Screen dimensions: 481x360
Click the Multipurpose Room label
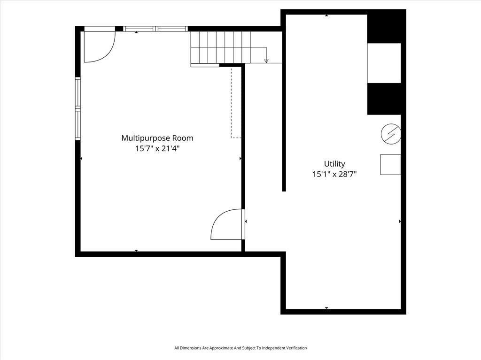tap(157, 138)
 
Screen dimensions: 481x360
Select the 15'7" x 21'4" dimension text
tap(157, 149)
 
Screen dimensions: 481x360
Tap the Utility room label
tap(334, 164)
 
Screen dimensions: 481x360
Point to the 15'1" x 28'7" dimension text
tap(334, 175)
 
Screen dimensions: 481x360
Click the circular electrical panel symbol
tap(391, 134)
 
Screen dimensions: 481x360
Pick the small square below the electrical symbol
tap(390, 165)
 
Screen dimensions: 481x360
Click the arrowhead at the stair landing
tap(266, 61)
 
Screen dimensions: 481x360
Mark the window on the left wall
tap(78, 108)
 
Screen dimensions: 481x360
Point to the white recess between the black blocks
tap(384, 63)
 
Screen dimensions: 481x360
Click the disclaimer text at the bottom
tap(240, 348)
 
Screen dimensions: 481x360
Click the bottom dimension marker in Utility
tap(326, 308)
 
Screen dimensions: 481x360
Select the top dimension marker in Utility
tap(326, 15)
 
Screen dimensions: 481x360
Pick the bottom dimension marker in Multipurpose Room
tap(136, 251)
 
